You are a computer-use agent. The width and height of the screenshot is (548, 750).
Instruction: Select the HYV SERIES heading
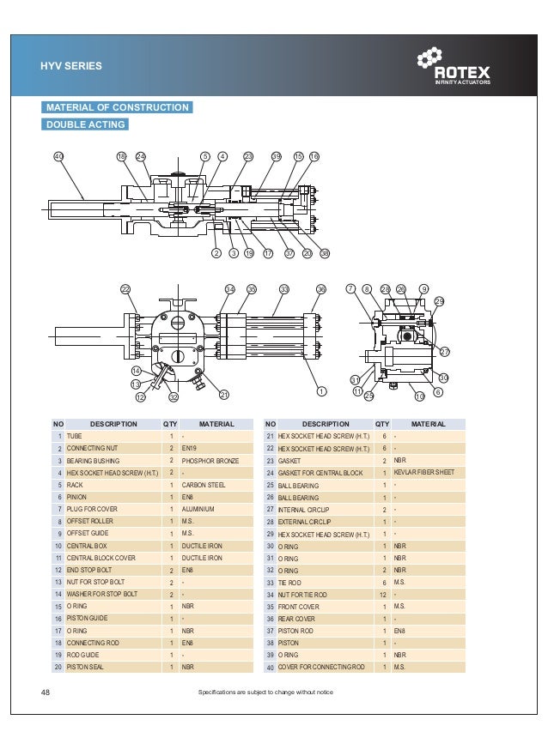pos(71,65)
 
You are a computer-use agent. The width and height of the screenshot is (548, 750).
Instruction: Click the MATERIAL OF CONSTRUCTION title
pos(118,107)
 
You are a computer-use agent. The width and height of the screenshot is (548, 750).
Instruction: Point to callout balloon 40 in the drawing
pos(58,157)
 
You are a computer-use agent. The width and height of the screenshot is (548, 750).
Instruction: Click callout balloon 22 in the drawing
pos(125,289)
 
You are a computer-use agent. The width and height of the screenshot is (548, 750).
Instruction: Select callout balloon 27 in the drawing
pos(445,352)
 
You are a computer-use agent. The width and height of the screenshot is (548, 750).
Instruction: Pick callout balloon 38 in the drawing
pos(325,254)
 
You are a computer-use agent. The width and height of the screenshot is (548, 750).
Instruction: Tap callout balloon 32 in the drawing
pos(173,396)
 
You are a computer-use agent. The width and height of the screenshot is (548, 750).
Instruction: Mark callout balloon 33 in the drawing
pos(284,289)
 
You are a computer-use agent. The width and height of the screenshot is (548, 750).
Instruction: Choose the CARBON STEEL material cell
pos(204,485)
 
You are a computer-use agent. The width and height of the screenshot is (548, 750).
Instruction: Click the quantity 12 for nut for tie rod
pos(382,594)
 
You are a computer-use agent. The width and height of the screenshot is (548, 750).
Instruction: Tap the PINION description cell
pos(76,497)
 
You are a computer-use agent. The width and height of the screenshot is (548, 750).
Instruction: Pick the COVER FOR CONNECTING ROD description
pos(321,667)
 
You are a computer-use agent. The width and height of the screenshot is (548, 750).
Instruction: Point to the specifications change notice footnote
pos(265,693)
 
